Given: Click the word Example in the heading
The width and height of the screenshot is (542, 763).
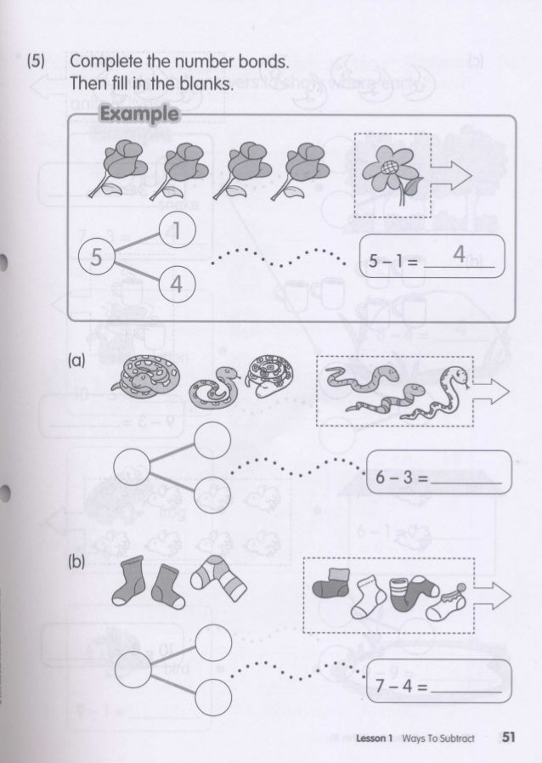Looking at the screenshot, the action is point(139,115).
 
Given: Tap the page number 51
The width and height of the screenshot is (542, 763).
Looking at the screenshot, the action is point(508,737).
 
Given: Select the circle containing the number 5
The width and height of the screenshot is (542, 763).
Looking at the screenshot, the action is point(96,257).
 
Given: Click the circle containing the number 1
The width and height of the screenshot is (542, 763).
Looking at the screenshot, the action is point(177,230).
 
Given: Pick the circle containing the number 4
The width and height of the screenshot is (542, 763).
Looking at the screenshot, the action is point(177,284).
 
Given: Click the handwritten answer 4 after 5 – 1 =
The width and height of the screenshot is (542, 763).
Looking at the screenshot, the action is point(459,253).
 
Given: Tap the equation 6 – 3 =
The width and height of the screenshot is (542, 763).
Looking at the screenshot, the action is point(401,478).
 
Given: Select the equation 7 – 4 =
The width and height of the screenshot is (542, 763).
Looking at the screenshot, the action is point(401,686).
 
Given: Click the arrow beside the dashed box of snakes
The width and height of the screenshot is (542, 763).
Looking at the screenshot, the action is point(491,393).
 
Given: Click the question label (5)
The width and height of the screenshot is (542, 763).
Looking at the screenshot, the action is point(36,61).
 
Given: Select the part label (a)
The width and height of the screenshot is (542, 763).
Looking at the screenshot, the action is point(76,360).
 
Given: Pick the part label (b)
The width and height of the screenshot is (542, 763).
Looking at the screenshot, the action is point(76,562).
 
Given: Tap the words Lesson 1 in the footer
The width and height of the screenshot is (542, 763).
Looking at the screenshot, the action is point(374,738).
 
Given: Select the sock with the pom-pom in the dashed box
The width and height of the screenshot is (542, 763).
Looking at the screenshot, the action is point(447,602).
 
